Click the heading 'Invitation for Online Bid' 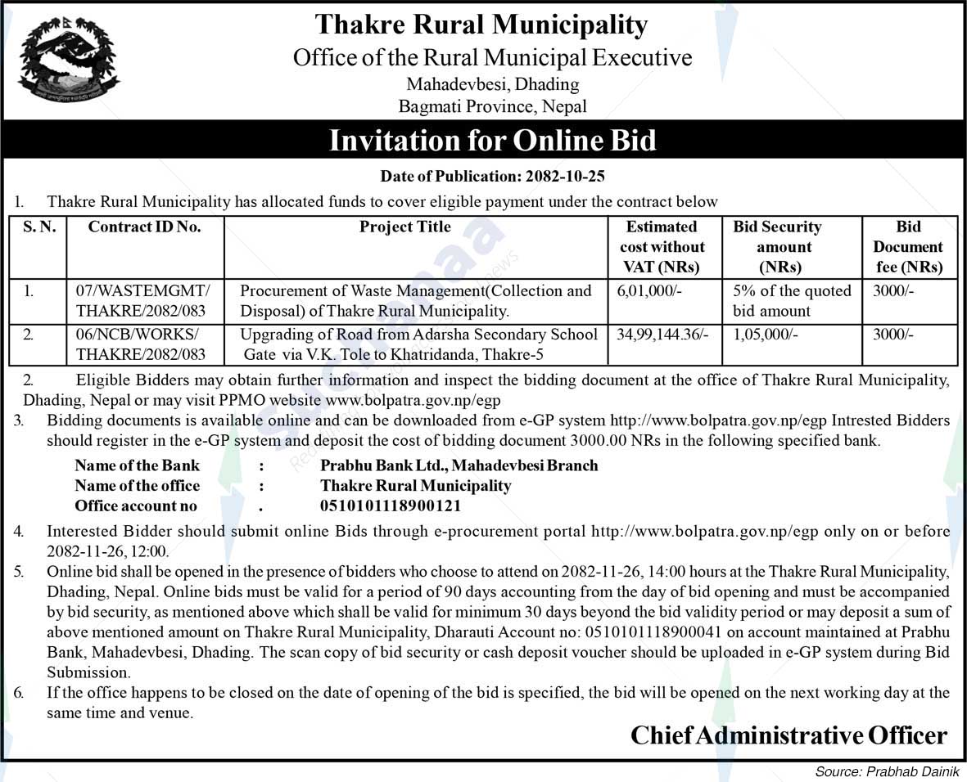click(x=492, y=140)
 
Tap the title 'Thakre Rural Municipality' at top click(x=481, y=25)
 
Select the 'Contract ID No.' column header click(x=144, y=227)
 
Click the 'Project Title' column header click(x=405, y=227)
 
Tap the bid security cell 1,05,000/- click(x=766, y=335)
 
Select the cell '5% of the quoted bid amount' click(x=791, y=301)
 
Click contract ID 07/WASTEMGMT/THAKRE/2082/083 click(x=142, y=301)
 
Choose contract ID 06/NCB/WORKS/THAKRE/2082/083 click(x=140, y=344)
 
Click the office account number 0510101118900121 click(x=391, y=506)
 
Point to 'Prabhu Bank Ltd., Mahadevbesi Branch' click(x=459, y=465)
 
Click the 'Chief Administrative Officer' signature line click(x=788, y=735)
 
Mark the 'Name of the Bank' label click(x=137, y=465)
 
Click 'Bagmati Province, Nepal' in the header click(x=492, y=106)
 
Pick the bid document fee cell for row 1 click(x=890, y=291)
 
